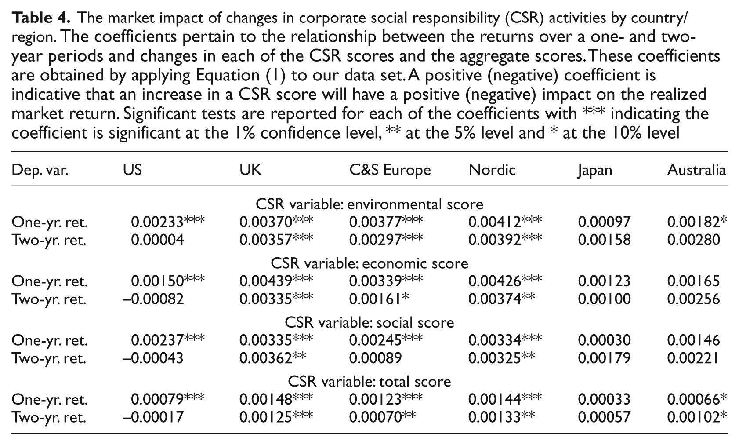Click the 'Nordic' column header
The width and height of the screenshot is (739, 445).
click(492, 170)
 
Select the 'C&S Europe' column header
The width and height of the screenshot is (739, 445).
click(390, 170)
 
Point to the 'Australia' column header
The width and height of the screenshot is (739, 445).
click(696, 170)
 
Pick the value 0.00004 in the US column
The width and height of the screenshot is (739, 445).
click(157, 240)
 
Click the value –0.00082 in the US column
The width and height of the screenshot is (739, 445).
click(153, 299)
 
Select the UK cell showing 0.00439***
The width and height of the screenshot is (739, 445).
click(276, 281)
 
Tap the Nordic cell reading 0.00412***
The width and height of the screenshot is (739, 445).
click(505, 222)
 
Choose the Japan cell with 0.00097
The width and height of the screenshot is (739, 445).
click(605, 222)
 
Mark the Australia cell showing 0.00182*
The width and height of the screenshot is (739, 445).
click(697, 222)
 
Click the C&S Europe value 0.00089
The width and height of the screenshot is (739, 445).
click(376, 358)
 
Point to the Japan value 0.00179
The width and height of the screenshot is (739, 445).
click(605, 358)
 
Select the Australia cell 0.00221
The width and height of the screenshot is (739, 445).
click(693, 358)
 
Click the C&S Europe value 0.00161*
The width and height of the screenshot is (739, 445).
click(379, 299)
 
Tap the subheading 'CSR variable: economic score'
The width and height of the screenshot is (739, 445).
click(369, 263)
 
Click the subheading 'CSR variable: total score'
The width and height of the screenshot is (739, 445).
click(369, 382)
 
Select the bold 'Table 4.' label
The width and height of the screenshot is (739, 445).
click(41, 18)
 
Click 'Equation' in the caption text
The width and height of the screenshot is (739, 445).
click(228, 75)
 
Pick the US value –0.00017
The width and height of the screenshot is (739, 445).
click(153, 417)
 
